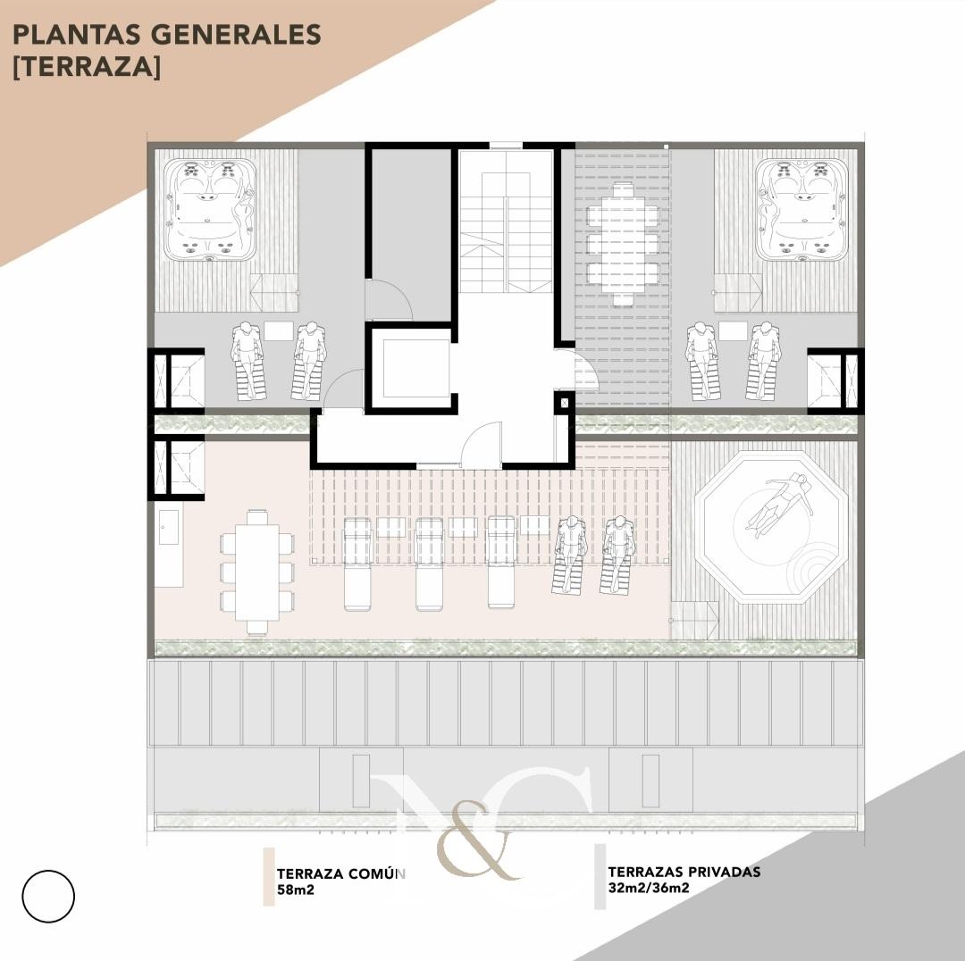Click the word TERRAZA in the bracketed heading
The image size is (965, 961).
click(x=86, y=66)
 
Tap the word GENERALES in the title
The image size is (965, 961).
click(x=236, y=35)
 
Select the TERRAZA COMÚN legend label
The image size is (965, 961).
click(x=340, y=874)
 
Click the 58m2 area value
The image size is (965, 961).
click(x=296, y=890)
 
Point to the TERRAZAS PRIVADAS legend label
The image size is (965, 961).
click(x=684, y=872)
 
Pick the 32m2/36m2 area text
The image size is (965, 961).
click(x=649, y=888)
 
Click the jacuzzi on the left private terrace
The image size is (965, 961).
click(x=211, y=210)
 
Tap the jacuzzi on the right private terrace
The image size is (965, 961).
click(x=801, y=210)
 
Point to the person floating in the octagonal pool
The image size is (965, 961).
click(x=778, y=501)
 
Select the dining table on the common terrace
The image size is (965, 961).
click(x=257, y=572)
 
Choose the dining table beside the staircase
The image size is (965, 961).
click(x=623, y=244)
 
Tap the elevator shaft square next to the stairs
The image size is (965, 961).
click(x=411, y=369)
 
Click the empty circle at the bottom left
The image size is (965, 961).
click(x=48, y=896)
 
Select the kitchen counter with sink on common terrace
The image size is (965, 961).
click(x=169, y=547)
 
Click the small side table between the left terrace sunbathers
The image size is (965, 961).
click(x=279, y=330)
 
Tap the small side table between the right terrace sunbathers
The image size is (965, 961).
click(x=733, y=330)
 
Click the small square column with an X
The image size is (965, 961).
click(x=565, y=403)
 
